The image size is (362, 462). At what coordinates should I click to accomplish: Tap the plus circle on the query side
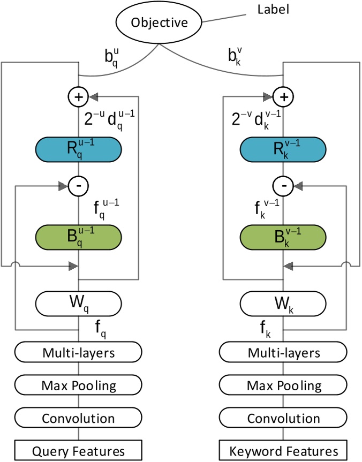coord(79,97)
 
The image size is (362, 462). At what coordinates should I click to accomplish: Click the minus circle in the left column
coord(79,186)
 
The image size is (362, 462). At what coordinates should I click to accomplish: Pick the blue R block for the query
coord(79,148)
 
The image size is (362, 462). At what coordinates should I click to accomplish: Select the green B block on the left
coord(79,236)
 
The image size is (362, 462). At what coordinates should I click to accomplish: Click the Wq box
coord(79,304)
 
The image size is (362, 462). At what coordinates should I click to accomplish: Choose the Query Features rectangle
coord(79,450)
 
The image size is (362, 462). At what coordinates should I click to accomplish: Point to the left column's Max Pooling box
coord(79,385)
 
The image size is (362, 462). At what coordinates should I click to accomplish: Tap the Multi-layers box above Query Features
coord(79,353)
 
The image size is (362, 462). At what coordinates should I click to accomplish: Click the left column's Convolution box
coord(79,417)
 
